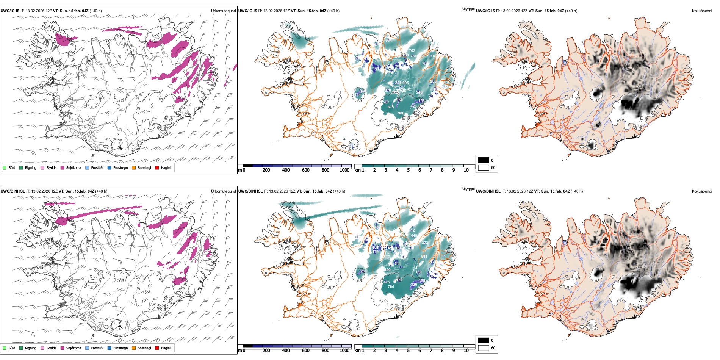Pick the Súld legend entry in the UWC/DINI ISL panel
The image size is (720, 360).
tap(9, 348)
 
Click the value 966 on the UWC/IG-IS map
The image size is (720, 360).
tap(401, 113)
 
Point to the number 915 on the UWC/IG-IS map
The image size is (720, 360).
tap(432, 56)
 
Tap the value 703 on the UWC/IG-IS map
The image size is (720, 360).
tap(412, 50)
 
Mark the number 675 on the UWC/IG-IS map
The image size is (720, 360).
tap(391, 107)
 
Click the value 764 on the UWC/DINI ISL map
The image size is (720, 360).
tap(391, 287)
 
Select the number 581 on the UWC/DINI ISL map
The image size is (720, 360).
tap(424, 257)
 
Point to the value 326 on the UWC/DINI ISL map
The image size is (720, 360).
tap(414, 284)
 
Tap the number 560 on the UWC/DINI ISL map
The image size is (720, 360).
tap(448, 251)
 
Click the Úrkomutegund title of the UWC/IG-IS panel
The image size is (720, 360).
tap(223, 11)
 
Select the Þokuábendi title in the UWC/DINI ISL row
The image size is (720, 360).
tap(702, 191)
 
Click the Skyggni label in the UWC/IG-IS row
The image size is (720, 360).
tap(468, 9)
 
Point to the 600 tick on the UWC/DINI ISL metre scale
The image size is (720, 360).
tap(305, 351)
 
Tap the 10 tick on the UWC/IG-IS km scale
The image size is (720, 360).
tap(466, 170)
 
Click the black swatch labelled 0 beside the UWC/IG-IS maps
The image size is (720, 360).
tap(484, 160)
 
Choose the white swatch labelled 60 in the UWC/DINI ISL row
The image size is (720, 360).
tap(484, 348)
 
